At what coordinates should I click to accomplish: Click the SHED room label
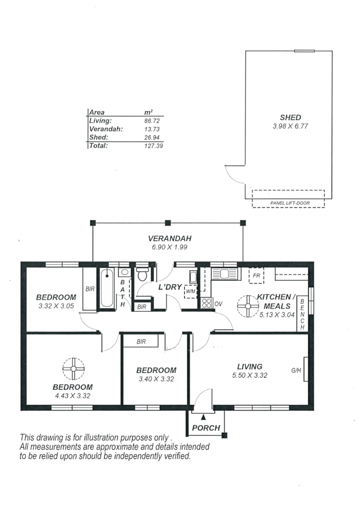point(290,118)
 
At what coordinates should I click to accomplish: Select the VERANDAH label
point(169,238)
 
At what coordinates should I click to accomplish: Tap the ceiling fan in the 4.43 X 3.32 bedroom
point(73,368)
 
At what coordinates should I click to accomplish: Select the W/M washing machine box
point(191,291)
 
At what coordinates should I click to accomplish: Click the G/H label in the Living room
point(296,370)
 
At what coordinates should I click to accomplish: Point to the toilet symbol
point(142,274)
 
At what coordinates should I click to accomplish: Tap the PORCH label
point(206,428)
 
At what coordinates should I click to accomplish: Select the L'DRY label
point(169,287)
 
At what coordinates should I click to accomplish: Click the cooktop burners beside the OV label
point(206,303)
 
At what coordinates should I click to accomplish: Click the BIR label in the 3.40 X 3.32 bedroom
point(141,342)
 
